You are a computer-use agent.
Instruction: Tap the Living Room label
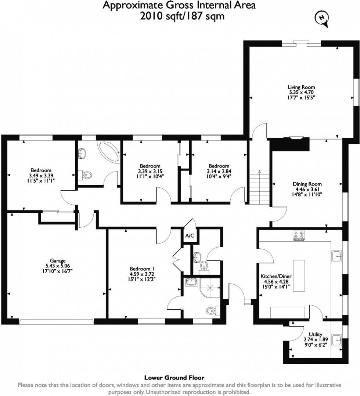coord(301,87)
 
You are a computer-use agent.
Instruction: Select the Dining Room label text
coord(307,184)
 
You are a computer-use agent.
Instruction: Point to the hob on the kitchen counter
coord(299,235)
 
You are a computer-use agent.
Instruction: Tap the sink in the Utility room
coord(337,340)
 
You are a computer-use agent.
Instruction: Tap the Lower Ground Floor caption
coord(174,377)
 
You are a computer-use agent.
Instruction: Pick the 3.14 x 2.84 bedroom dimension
coord(219,171)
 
